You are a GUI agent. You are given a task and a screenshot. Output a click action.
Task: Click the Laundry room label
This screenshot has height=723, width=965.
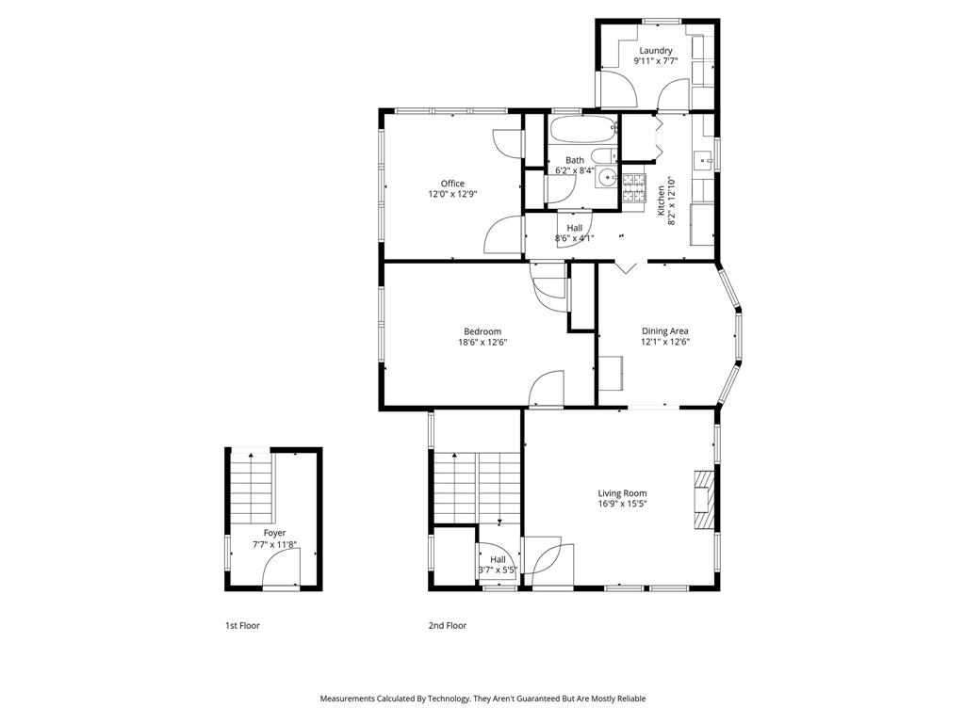(656, 51)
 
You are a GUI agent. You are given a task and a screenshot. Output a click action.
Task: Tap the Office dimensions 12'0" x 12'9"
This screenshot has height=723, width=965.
(452, 194)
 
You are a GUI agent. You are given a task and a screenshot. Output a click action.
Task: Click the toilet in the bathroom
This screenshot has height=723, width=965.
(603, 157)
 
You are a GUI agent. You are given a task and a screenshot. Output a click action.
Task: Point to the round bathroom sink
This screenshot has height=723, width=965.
(607, 177)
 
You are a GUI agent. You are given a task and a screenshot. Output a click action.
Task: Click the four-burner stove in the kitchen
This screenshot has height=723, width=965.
(633, 191)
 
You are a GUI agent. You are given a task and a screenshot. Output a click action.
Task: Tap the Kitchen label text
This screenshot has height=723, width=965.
(662, 200)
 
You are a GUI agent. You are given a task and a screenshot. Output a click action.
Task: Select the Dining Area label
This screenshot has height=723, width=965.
(665, 331)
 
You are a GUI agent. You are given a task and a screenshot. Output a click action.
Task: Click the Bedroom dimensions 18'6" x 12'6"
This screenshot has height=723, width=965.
(482, 343)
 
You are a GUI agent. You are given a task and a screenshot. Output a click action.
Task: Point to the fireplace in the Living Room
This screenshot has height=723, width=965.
(703, 503)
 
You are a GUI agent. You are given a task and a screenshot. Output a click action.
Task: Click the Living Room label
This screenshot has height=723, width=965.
(622, 493)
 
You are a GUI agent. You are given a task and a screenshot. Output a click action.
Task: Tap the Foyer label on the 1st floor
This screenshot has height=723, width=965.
(274, 533)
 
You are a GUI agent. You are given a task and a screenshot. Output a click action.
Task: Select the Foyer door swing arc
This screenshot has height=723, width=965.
(281, 568)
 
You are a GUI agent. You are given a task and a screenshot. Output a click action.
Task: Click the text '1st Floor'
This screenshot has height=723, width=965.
(242, 625)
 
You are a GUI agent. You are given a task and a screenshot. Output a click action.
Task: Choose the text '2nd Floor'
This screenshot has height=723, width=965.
(448, 625)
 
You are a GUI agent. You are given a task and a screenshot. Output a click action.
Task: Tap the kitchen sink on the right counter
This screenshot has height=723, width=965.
(702, 161)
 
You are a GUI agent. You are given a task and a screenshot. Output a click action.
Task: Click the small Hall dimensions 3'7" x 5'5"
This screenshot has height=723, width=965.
(498, 570)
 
